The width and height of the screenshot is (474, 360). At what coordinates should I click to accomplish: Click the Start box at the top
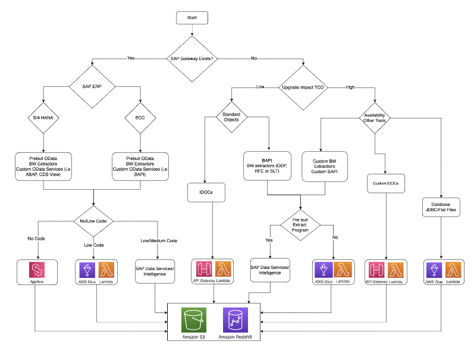(x=192, y=17)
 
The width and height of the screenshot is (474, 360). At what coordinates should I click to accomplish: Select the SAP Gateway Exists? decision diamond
(x=192, y=58)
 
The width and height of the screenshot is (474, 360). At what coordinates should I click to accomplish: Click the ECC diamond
(x=140, y=117)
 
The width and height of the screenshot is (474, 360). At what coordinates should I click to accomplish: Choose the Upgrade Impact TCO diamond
(x=303, y=87)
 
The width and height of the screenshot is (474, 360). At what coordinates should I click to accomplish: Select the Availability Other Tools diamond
(x=375, y=117)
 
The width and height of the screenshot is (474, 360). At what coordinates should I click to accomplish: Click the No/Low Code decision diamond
(x=93, y=221)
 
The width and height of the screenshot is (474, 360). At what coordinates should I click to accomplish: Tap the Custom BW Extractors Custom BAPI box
(x=322, y=167)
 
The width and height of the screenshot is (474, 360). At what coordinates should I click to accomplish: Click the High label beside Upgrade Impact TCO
(x=351, y=87)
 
